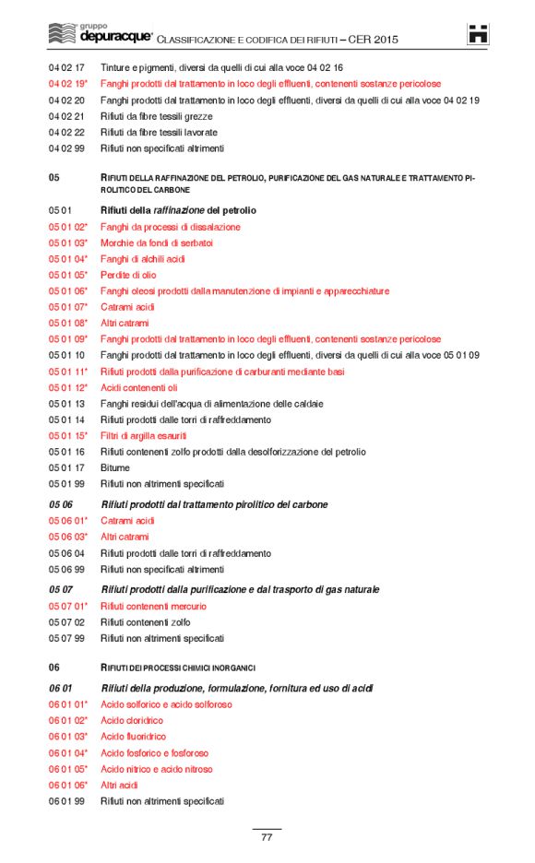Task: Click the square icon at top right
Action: coord(478,35)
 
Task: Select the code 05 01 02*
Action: coord(68,227)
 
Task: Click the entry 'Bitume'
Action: coord(115,467)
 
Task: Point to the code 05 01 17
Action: coord(66,467)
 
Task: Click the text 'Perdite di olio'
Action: coord(128,275)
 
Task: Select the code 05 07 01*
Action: coord(68,606)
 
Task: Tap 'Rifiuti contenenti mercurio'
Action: coord(153,606)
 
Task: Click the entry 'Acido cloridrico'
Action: coord(132,720)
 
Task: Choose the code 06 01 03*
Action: coord(68,737)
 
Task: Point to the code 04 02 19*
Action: coord(68,84)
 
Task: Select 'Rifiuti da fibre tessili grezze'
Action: coord(156,116)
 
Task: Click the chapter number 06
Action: coord(54,667)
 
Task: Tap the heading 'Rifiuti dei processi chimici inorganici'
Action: coord(177,667)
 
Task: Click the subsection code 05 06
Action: coord(60,504)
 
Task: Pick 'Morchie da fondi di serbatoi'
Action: coord(156,242)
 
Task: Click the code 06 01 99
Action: coord(66,801)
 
